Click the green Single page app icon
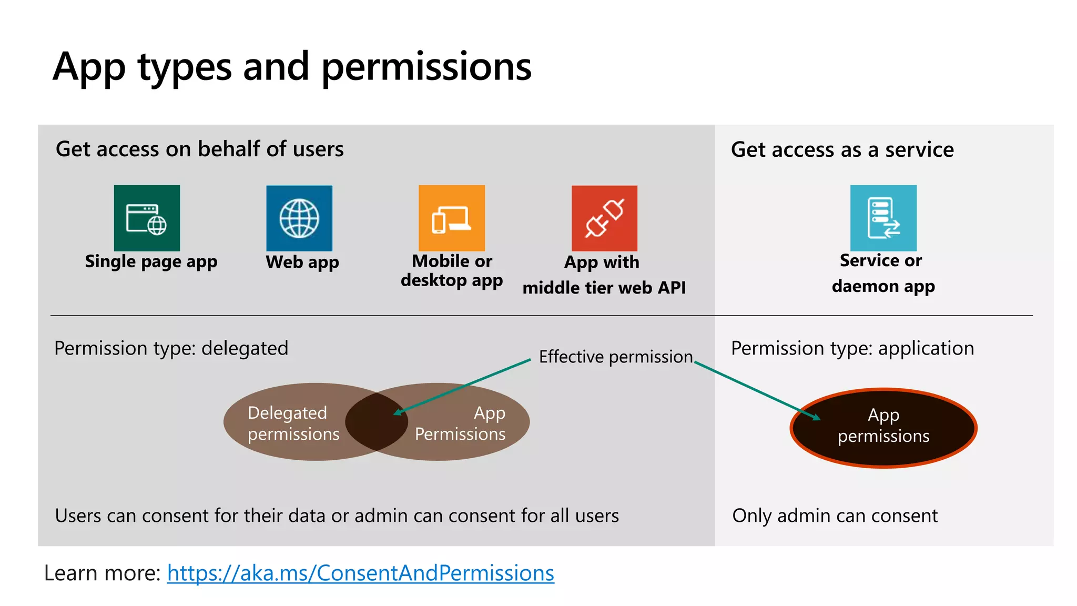pos(147,218)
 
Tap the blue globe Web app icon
pos(299,218)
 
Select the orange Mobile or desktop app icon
pos(452,218)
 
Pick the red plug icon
pos(604,218)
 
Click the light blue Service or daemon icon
pos(883,218)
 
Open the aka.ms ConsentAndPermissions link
pos(361,573)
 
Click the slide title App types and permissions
pos(292,67)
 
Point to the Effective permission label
pos(616,357)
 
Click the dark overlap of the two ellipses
pos(377,422)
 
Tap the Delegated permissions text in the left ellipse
pos(293,423)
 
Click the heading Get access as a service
pos(842,150)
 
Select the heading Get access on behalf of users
pos(200,149)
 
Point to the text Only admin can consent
pos(835,516)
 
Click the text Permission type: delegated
pos(171,348)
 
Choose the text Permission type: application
pos(852,348)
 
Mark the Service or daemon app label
pos(883,273)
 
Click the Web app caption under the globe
pos(302,262)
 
